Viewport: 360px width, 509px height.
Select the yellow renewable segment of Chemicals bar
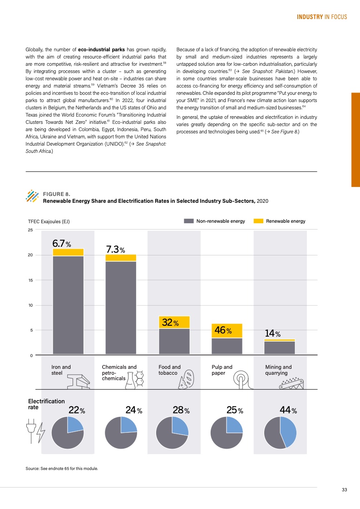tap(121, 258)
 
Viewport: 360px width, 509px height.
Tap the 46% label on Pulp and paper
tap(223, 331)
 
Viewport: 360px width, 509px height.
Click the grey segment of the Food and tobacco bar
tap(174, 341)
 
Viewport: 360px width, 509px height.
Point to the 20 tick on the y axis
tap(30, 255)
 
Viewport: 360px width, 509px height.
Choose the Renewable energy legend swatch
tap(258, 221)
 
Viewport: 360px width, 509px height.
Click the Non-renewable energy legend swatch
tap(188, 221)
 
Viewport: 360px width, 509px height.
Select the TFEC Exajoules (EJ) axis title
tap(49, 221)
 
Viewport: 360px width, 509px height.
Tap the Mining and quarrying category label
tap(278, 370)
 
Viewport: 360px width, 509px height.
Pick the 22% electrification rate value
tap(76, 411)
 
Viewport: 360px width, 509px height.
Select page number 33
tap(345, 489)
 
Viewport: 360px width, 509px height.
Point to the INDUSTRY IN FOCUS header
tap(322, 17)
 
